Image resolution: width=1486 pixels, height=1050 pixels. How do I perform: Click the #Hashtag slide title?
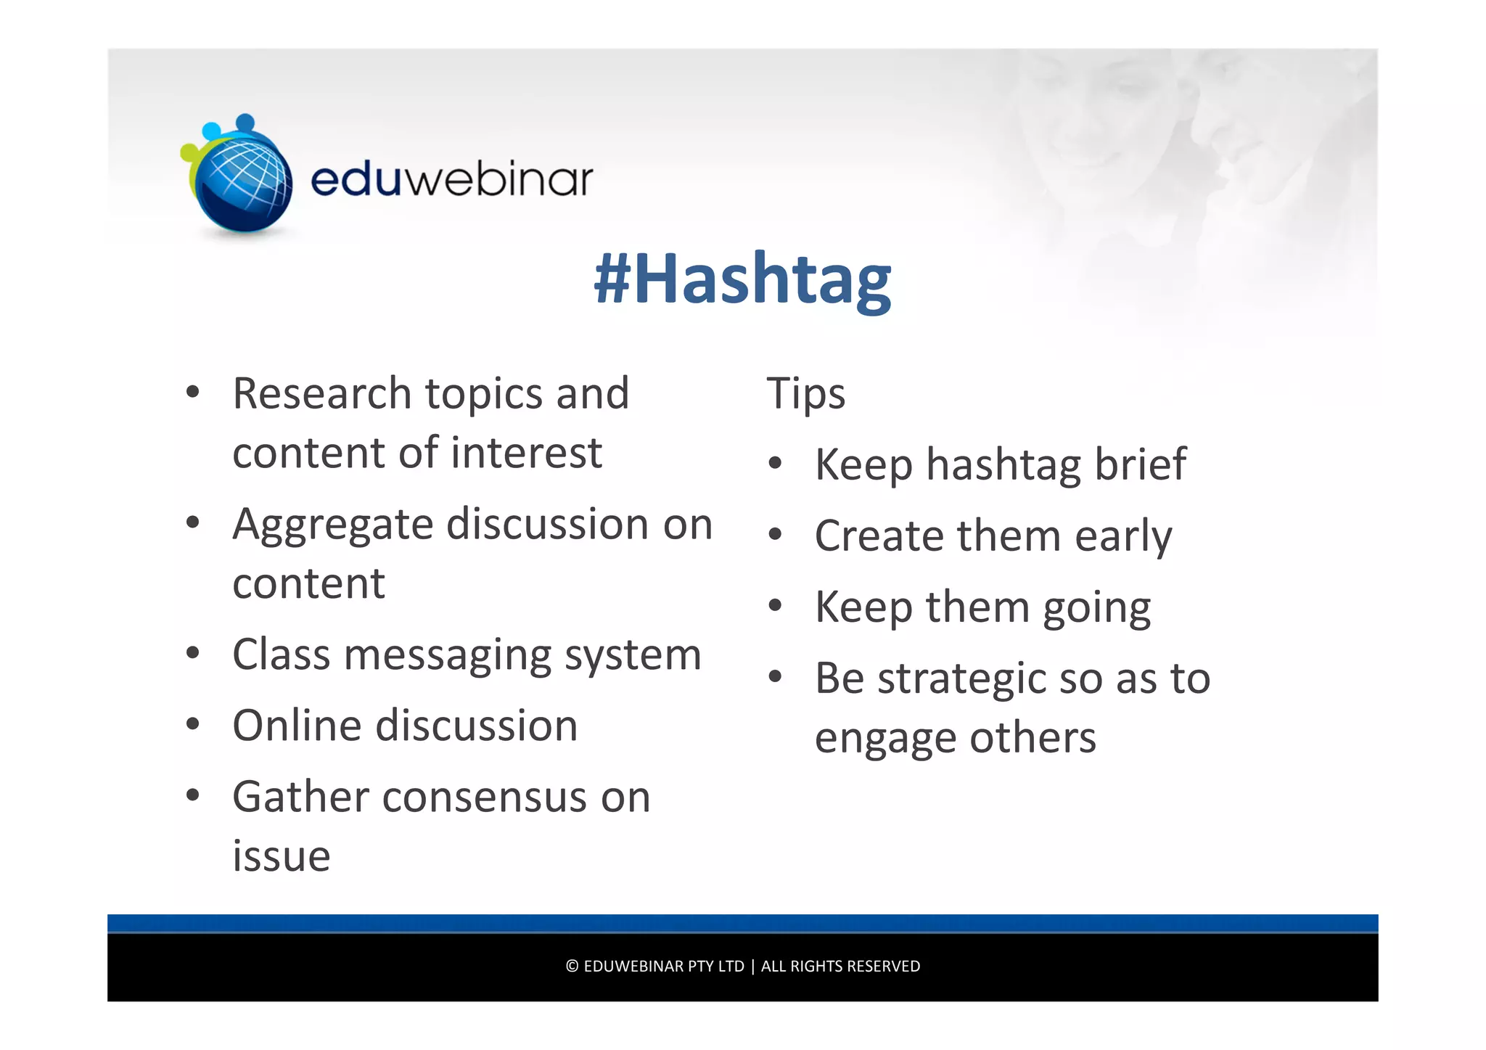pos(742,279)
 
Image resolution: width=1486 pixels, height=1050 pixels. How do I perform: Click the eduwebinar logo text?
pos(451,179)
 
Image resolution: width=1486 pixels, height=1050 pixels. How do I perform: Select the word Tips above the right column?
pos(805,394)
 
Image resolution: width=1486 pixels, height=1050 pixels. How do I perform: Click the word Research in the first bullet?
pos(321,394)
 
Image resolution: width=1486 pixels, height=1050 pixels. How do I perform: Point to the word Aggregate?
pos(332,525)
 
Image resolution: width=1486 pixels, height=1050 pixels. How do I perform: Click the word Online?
pos(296,726)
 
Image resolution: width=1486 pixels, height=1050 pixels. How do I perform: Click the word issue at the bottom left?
pos(282,856)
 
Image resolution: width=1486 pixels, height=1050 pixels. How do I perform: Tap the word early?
pos(1123,537)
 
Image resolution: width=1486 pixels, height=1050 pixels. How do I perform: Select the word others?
pos(1033,738)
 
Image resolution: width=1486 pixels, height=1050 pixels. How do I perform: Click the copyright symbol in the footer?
pos(572,967)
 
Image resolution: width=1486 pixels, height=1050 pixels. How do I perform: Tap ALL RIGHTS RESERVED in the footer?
pos(840,967)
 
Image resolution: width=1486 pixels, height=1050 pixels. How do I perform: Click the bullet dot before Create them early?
pos(776,535)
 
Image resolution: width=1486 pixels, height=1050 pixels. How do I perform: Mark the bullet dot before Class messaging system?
pos(192,652)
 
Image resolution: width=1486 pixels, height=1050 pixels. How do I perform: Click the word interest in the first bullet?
pos(526,454)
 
